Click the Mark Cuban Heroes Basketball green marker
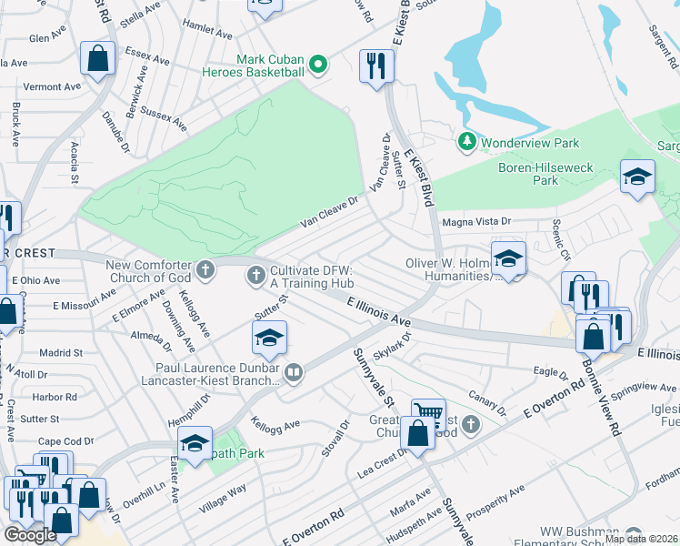click(x=317, y=65)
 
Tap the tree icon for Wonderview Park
click(x=467, y=143)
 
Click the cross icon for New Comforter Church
click(x=206, y=270)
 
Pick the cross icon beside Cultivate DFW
click(x=256, y=274)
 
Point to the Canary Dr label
click(x=487, y=400)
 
